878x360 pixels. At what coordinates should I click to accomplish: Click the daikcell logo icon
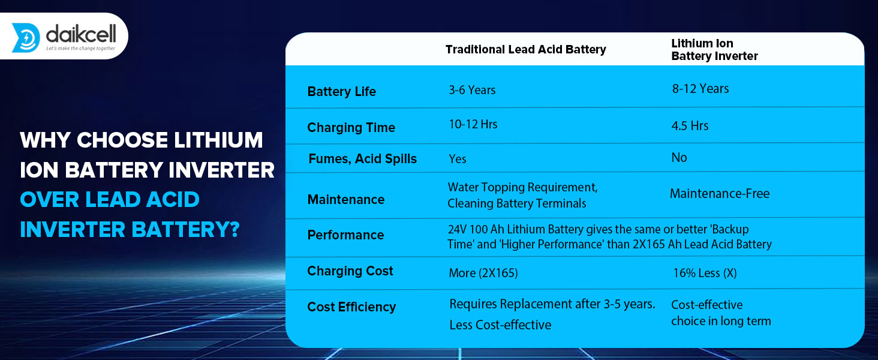26,38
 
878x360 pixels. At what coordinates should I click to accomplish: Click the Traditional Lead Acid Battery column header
525,49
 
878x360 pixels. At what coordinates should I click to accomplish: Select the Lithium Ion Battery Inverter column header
714,49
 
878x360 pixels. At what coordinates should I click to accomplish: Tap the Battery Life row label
341,91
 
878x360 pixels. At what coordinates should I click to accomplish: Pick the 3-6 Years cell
472,90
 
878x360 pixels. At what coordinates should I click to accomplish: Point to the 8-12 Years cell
700,89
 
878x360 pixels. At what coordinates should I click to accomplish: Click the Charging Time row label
351,127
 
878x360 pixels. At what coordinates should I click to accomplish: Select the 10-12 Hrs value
473,124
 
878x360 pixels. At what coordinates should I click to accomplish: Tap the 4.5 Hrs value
690,126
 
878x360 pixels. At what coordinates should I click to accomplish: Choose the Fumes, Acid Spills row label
363,159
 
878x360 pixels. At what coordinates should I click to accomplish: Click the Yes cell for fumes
458,159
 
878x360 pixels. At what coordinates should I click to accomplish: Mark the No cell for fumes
679,158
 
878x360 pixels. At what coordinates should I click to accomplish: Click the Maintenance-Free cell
720,194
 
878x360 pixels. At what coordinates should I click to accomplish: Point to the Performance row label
345,235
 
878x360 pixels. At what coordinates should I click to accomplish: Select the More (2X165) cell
483,273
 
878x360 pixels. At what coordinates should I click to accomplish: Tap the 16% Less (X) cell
705,273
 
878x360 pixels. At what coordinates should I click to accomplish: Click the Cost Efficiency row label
351,307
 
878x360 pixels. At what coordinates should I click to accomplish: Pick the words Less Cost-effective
500,325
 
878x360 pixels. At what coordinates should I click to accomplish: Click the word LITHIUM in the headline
218,140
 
